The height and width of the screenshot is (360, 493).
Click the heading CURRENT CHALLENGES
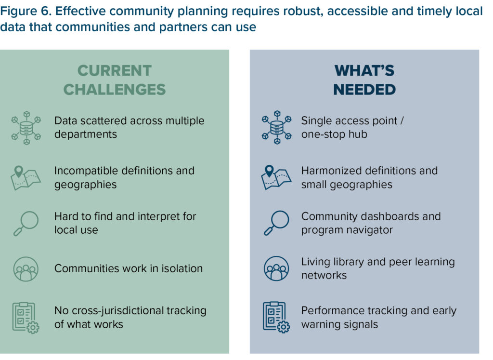(115, 80)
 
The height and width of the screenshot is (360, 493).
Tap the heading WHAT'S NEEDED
(364, 80)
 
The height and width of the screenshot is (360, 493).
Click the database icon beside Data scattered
(26, 128)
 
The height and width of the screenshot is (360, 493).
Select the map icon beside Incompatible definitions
(26, 177)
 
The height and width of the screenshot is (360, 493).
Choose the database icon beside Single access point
(276, 128)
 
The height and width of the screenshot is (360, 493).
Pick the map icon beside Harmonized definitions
(276, 177)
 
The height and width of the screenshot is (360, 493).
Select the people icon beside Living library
(276, 269)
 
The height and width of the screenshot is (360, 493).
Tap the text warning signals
(339, 324)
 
